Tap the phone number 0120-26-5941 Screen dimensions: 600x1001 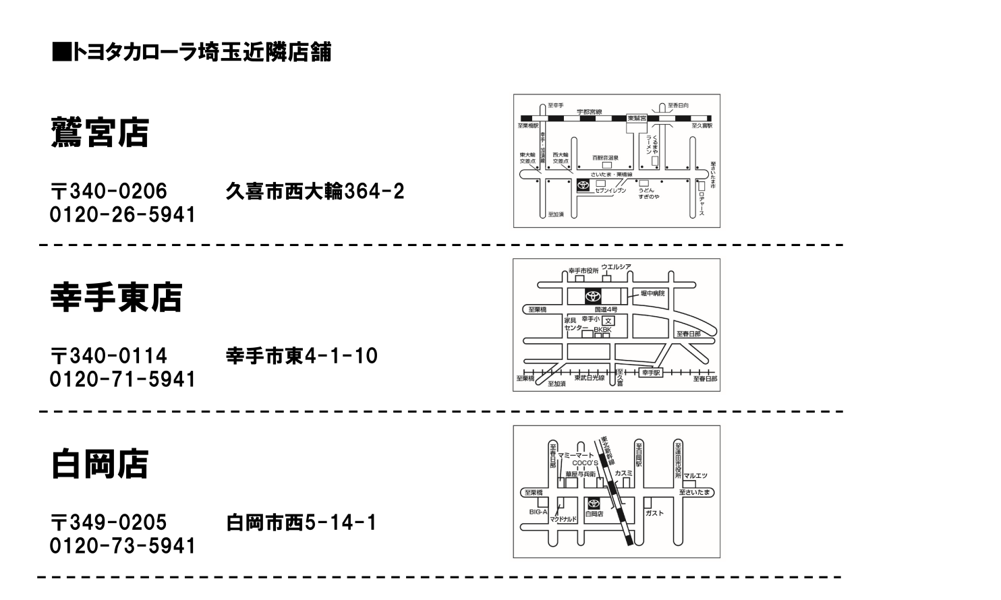click(123, 215)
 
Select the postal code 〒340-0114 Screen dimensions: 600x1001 click(109, 355)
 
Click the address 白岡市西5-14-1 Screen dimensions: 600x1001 click(301, 522)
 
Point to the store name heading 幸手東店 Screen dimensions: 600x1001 click(116, 297)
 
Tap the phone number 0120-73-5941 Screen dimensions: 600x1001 click(123, 545)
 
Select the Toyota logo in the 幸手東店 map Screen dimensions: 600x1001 click(593, 297)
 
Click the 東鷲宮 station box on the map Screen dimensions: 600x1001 click(637, 118)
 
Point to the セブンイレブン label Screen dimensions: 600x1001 click(610, 191)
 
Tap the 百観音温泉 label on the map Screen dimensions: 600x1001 click(606, 158)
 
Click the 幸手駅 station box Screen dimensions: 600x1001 click(651, 372)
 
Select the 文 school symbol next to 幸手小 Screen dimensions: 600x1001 click(608, 320)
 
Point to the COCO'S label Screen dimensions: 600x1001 click(585, 463)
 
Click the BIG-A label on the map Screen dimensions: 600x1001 click(538, 512)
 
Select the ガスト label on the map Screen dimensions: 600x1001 click(655, 513)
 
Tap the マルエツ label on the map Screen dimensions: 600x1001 click(695, 476)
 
